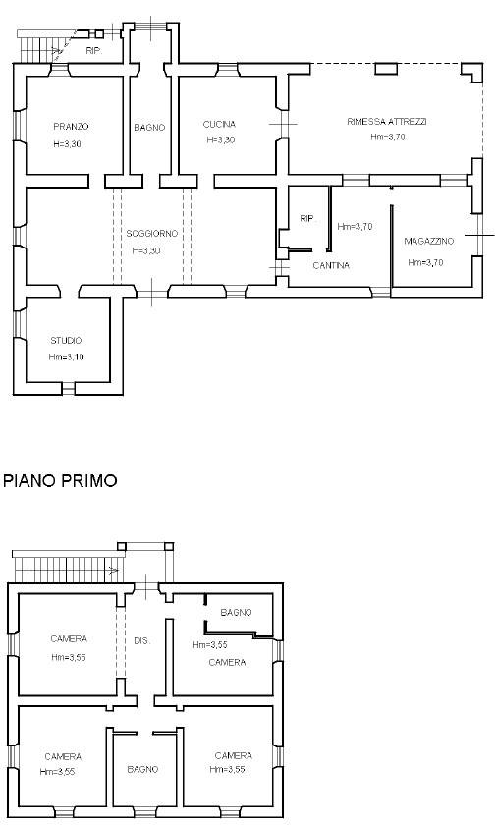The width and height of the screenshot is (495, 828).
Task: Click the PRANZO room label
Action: (x=71, y=127)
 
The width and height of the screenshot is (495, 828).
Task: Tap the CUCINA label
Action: (x=219, y=125)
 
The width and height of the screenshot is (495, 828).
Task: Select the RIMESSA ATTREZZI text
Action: (x=387, y=122)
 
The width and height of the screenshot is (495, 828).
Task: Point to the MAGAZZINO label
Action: (x=428, y=242)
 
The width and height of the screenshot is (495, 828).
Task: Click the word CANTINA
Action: (x=331, y=265)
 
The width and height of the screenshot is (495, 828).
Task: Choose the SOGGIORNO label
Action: (x=151, y=234)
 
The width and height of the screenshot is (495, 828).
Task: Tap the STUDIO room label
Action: (x=66, y=341)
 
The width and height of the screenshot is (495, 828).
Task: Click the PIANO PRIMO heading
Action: (x=60, y=481)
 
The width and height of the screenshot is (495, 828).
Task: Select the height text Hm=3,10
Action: (x=66, y=357)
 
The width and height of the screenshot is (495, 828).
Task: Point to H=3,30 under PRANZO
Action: (x=67, y=144)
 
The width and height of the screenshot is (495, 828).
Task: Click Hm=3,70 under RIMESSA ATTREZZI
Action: (x=388, y=138)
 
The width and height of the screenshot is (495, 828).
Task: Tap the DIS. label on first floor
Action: (x=141, y=641)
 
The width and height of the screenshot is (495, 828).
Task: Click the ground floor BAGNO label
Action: (x=149, y=128)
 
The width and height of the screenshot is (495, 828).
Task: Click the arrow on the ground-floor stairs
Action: (x=55, y=51)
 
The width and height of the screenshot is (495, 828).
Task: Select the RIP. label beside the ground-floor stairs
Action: (x=93, y=51)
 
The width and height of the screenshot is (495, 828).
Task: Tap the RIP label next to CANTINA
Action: (x=306, y=219)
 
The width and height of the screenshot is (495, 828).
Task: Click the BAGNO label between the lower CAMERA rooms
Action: (x=142, y=769)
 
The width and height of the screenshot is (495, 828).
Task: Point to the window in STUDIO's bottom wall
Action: (x=68, y=389)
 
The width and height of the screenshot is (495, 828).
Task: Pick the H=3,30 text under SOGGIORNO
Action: (x=146, y=250)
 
